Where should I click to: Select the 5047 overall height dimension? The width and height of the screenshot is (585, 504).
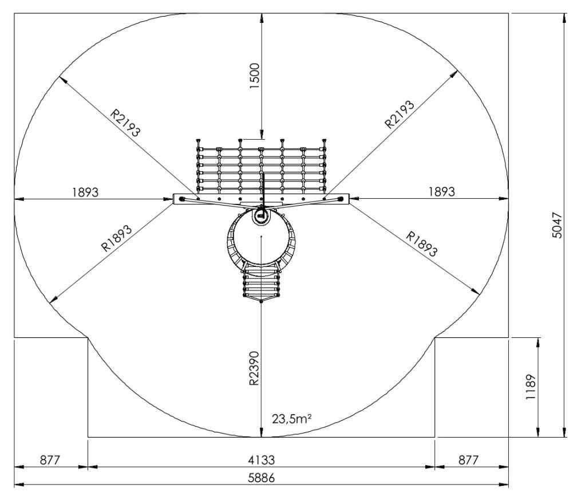click(x=556, y=225)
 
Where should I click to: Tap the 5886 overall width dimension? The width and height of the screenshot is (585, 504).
click(x=261, y=478)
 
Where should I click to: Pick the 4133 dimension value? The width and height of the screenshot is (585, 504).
click(x=261, y=460)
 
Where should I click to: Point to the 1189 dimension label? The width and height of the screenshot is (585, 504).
click(x=531, y=387)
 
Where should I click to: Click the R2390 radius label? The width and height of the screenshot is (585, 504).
click(x=254, y=368)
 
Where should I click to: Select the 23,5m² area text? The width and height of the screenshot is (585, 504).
click(x=291, y=419)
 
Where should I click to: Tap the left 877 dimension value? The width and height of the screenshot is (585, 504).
click(x=50, y=460)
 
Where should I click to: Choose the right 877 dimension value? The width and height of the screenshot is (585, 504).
click(x=468, y=460)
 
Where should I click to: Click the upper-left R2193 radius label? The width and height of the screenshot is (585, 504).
click(x=125, y=123)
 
